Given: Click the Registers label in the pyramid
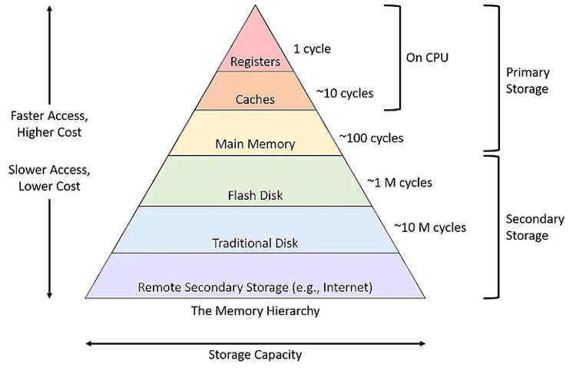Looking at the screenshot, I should [256, 61].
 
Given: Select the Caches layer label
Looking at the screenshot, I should [255, 100].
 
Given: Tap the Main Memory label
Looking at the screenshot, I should [255, 144].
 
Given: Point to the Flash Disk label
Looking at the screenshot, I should [255, 195].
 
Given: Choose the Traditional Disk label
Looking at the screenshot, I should [255, 243].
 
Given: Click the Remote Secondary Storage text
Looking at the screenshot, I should [255, 287].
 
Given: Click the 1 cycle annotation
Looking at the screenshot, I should [313, 48].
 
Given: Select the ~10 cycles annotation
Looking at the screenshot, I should [345, 93].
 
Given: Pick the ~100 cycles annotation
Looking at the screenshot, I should [371, 139].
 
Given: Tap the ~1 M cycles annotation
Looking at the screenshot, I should [399, 183].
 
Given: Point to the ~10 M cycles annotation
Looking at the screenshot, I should [429, 227].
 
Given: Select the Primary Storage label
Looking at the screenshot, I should [528, 81].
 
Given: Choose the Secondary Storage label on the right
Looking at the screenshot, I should [527, 228].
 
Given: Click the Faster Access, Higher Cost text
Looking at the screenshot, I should [48, 124].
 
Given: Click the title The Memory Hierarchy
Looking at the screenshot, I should [255, 312].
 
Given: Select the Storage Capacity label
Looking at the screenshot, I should [255, 355].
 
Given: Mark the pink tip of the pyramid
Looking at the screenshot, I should [255, 31].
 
